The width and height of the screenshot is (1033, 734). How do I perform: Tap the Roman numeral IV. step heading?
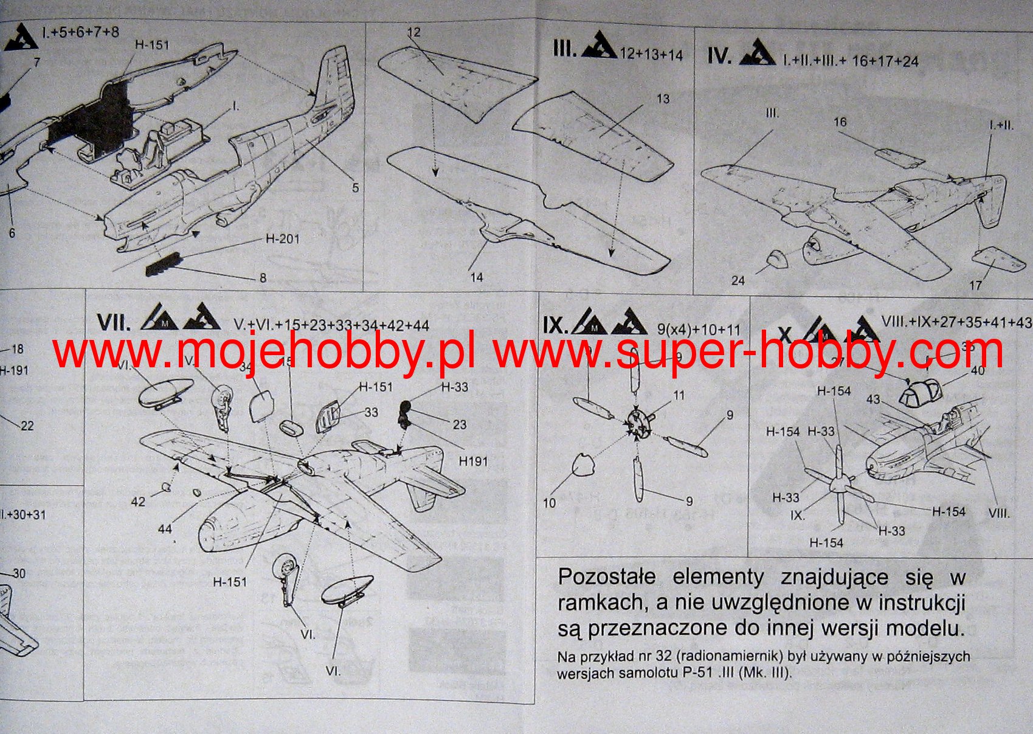[x=719, y=56]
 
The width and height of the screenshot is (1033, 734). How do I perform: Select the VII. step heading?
[x=113, y=322]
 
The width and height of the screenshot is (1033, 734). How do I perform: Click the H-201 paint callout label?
[x=282, y=239]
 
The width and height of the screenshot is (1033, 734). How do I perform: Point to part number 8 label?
[x=263, y=278]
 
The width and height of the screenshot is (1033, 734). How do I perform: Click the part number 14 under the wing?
[x=477, y=277]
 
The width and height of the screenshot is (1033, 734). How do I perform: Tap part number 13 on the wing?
[x=663, y=99]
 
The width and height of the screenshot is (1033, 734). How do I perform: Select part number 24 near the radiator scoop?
[x=738, y=280]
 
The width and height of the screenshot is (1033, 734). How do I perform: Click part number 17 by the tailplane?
[x=975, y=285]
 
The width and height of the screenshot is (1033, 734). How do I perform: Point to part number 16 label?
[x=840, y=122]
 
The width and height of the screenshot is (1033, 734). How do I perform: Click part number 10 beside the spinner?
[x=549, y=503]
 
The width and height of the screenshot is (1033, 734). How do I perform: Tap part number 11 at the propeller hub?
[x=679, y=395]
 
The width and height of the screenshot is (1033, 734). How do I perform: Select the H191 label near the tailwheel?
[x=473, y=461]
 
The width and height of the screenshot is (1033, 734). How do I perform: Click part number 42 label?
[x=138, y=501]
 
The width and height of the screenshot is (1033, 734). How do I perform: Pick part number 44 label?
[x=165, y=529]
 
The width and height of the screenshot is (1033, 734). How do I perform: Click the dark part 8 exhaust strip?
[x=162, y=265]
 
